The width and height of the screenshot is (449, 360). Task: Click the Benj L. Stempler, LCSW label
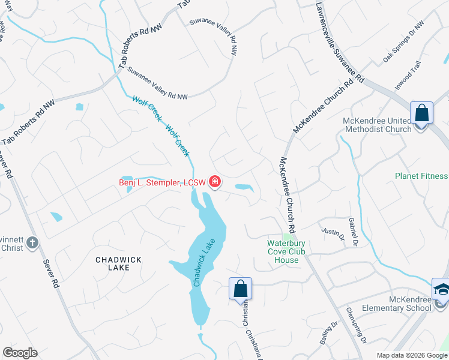point(162,182)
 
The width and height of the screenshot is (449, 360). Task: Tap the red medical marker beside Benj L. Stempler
point(214,182)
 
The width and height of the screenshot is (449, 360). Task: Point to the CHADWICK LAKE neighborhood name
point(119,263)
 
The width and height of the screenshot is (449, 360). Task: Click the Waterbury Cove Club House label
point(286,251)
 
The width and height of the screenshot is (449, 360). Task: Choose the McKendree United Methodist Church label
point(377,125)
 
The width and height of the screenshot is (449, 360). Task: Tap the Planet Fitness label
point(421,176)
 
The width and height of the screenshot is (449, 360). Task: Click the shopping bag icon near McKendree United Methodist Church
point(421,112)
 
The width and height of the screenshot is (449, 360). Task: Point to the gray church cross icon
point(32,243)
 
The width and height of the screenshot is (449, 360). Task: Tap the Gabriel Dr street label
point(352,232)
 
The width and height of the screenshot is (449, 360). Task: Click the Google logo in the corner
point(20,353)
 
